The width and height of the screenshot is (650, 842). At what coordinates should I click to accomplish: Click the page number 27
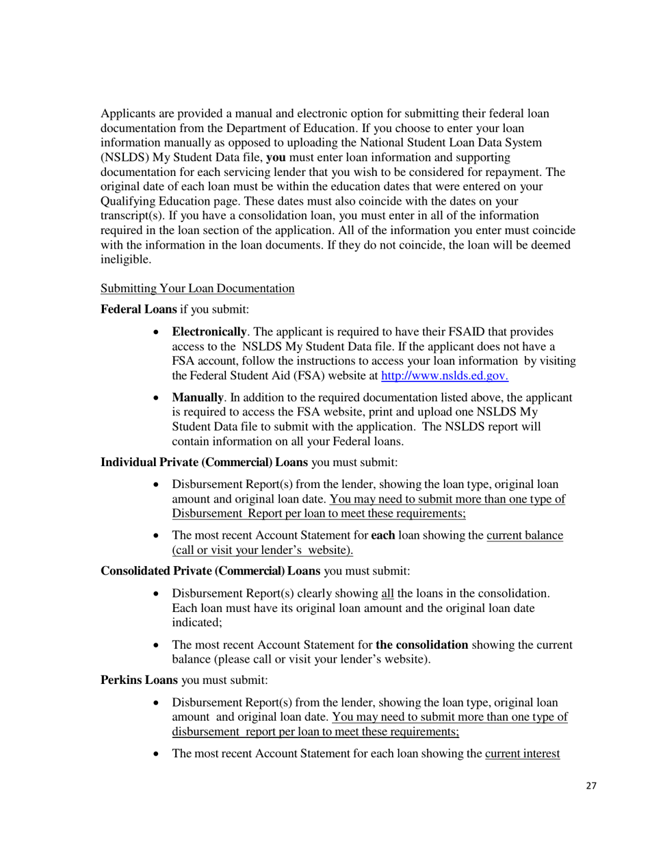pos(591,786)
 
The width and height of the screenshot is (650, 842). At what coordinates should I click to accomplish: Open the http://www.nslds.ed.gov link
pos(444,375)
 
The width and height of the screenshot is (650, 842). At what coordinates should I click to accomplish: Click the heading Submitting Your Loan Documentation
pos(197,288)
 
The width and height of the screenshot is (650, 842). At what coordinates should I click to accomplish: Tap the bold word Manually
pos(197,398)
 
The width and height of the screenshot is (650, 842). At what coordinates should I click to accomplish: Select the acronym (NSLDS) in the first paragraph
pos(123,157)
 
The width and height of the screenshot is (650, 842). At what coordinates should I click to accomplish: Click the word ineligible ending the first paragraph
pos(127,259)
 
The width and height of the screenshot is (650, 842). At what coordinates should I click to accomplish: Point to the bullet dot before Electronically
pos(157,332)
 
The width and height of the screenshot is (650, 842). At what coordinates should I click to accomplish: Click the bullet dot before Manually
pos(157,398)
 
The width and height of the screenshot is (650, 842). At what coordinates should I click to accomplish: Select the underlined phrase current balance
pos(525,535)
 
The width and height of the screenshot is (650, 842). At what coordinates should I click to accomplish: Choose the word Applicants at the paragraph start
pos(127,114)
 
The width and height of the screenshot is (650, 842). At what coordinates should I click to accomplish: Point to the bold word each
pos(382,535)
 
